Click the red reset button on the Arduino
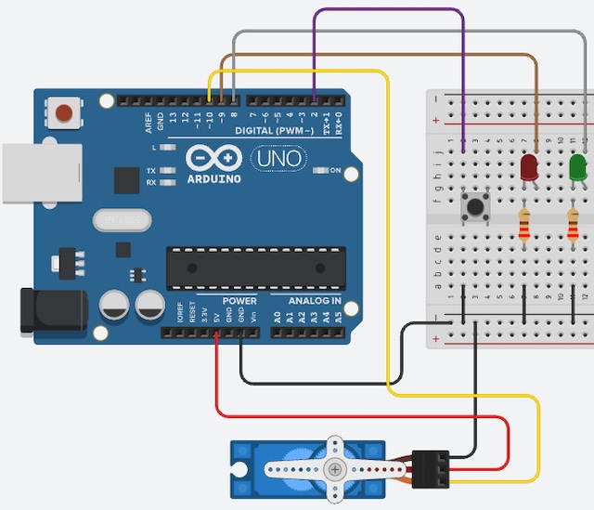(64, 113)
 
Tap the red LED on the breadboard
(529, 167)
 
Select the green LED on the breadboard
(577, 167)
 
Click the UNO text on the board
(278, 159)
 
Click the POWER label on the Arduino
(239, 302)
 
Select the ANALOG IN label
(314, 302)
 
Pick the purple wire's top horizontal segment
(390, 10)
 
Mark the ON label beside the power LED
(336, 171)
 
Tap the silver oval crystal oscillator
(122, 219)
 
